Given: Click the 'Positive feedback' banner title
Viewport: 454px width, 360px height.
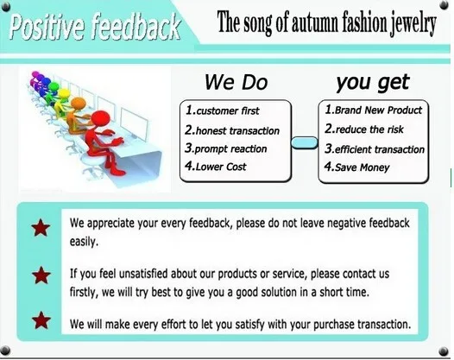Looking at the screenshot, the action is (95, 27).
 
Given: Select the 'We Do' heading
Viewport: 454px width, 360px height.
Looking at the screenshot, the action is (236, 82).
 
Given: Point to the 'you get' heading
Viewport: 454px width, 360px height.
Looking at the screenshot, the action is (373, 83).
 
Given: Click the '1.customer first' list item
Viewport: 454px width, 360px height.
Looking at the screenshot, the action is (223, 111).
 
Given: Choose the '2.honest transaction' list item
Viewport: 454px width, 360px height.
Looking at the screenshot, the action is (232, 130).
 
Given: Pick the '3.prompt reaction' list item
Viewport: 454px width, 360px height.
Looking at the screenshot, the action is (226, 148).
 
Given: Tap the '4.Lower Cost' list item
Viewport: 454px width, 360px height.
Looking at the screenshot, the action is (216, 167).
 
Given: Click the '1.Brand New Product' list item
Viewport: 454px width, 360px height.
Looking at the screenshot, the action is (373, 110).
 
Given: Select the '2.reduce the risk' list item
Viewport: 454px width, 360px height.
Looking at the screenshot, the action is (364, 129).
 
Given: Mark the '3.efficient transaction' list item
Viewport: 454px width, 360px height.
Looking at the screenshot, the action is (375, 148).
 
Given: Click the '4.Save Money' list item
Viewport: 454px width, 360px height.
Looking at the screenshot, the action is (356, 167).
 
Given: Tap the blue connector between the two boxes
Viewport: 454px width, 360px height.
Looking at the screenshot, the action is (305, 142).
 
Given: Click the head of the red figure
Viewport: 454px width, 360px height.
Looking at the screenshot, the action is (100, 119).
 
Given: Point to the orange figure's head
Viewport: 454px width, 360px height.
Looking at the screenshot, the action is (79, 104).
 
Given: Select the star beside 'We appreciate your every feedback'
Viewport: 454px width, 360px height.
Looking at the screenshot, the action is (41, 228).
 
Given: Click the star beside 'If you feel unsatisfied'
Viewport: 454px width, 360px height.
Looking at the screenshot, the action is (41, 275).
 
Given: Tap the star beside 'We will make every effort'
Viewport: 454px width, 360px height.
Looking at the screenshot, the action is (41, 320).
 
